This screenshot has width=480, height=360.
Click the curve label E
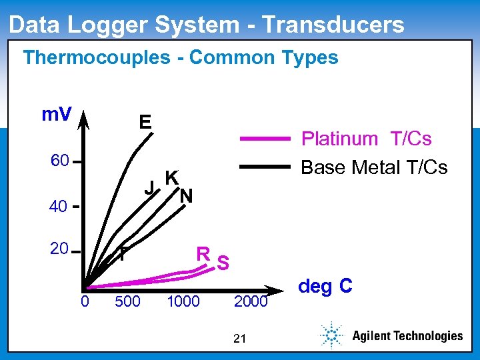pyautogui.click(x=145, y=122)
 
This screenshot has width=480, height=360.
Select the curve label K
pyautogui.click(x=171, y=177)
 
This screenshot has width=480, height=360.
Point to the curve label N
pyautogui.click(x=187, y=196)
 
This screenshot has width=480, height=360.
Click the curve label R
pyautogui.click(x=203, y=254)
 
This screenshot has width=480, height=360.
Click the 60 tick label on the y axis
pyautogui.click(x=60, y=162)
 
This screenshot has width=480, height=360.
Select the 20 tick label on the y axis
pyautogui.click(x=59, y=249)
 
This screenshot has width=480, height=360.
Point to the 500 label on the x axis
pyautogui.click(x=127, y=302)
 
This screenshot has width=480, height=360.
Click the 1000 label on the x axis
pyautogui.click(x=183, y=302)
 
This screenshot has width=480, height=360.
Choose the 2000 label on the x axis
pyautogui.click(x=251, y=302)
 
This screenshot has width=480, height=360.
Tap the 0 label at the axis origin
pyautogui.click(x=85, y=302)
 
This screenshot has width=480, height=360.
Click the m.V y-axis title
pyautogui.click(x=57, y=115)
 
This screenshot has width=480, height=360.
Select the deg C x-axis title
pyautogui.click(x=325, y=287)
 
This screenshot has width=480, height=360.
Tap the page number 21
pyautogui.click(x=241, y=339)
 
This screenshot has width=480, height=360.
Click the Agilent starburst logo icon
pyautogui.click(x=330, y=335)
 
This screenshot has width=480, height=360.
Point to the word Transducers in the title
pyautogui.click(x=333, y=25)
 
